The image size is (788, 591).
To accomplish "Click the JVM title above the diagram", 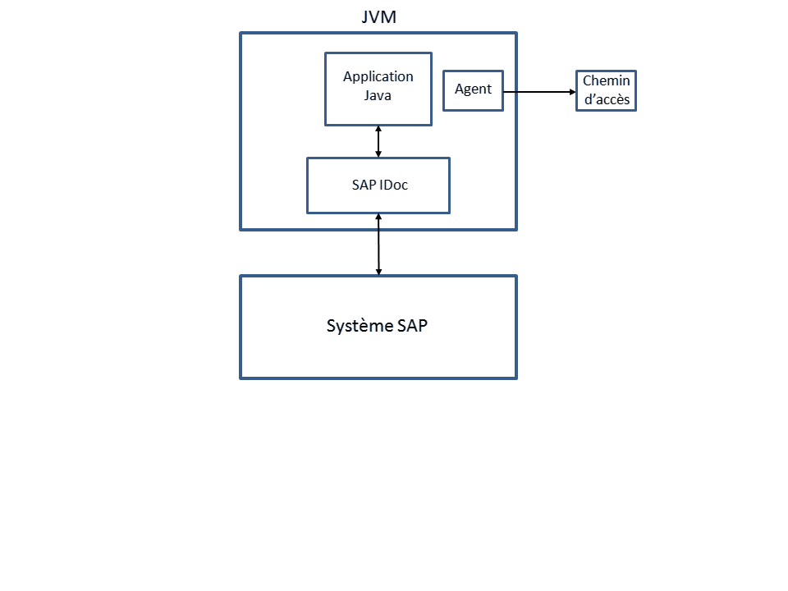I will point(378,17).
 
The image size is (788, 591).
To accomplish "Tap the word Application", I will point(378,76).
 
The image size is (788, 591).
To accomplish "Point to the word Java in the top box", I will point(378,95).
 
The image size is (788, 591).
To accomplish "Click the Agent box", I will point(473,89).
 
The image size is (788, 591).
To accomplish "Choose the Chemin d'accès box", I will point(606,90).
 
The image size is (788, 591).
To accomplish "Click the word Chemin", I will point(606,81).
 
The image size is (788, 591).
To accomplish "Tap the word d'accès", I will point(606,100).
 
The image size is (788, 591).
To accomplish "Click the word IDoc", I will point(394,186).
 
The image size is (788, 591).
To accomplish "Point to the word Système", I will point(360,326).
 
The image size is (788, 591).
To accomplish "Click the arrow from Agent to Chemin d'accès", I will point(538,91).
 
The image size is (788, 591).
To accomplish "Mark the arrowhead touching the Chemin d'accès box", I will point(572,91).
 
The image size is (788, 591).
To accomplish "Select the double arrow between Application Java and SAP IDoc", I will point(378,141).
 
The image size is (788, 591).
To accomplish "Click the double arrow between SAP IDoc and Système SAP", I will point(378,245).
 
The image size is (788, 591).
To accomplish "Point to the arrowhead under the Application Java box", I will point(378,130).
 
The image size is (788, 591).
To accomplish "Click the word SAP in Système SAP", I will point(413,326).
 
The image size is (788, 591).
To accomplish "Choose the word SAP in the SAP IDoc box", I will point(364,186).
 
